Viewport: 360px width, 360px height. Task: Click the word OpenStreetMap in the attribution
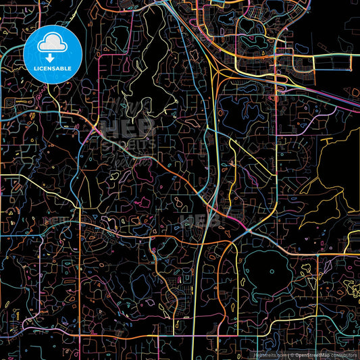click(315, 355)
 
